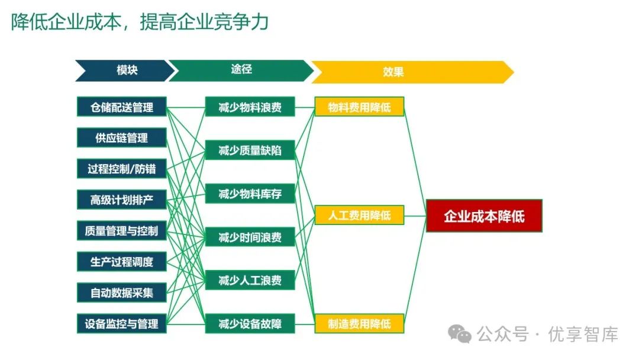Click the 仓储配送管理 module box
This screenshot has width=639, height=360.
[121, 107]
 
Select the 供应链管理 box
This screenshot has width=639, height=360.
[121, 138]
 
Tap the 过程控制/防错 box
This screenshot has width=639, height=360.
[121, 169]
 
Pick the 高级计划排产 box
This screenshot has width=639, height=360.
[121, 200]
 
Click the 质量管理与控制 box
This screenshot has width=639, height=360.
[121, 230]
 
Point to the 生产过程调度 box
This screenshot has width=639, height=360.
[121, 261]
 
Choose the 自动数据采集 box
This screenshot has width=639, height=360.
[121, 292]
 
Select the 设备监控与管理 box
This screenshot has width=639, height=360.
[121, 323]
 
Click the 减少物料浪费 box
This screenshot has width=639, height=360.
[250, 107]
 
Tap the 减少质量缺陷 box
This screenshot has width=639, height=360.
[250, 150]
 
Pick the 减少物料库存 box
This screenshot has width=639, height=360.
[250, 194]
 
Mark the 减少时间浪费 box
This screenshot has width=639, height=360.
[250, 237]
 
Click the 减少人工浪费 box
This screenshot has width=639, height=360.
[250, 280]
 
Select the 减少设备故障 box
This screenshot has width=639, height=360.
[250, 323]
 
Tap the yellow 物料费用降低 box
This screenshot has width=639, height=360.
[359, 107]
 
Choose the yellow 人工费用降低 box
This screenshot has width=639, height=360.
[359, 216]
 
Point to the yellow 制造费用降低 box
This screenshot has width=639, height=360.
[359, 323]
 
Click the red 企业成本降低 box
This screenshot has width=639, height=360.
[484, 216]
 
